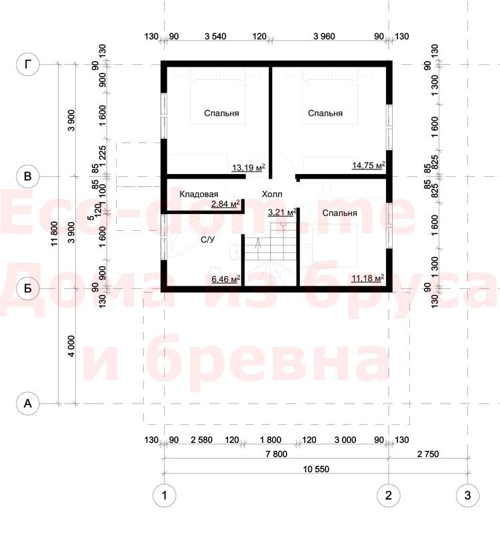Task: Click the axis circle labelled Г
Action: tap(28, 64)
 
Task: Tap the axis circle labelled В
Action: tap(28, 176)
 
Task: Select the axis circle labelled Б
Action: tap(28, 289)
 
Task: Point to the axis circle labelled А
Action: tap(28, 404)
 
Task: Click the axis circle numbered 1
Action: tap(165, 495)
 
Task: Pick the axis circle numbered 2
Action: tap(389, 495)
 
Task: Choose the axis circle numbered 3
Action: tap(468, 495)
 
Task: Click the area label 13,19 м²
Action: tap(248, 167)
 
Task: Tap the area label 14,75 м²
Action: tap(369, 165)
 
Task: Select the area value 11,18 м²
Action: tap(368, 278)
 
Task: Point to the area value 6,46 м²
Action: tap(226, 280)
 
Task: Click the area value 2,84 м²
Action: tap(225, 204)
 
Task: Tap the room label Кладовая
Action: tap(199, 194)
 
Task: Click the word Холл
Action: tap(272, 194)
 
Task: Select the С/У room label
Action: tap(208, 239)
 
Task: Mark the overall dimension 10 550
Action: tap(316, 469)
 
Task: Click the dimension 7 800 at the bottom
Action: tap(277, 454)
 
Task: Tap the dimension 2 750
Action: tap(428, 454)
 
